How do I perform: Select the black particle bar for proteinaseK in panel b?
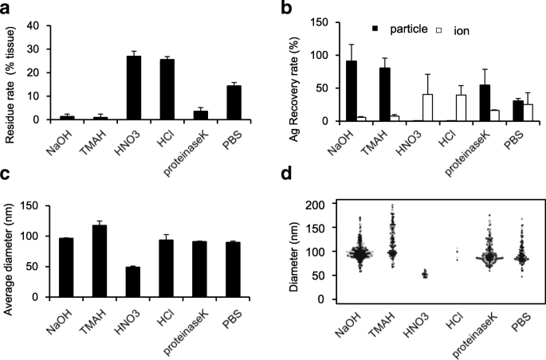460,102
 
